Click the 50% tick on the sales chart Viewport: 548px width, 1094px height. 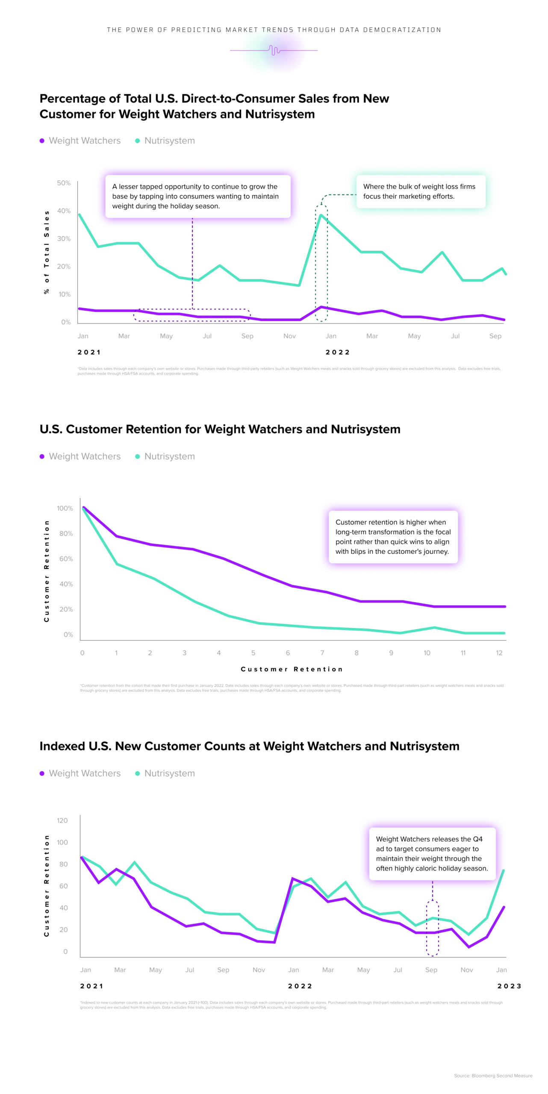[x=64, y=183]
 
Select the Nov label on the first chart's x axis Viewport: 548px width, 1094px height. [x=289, y=336]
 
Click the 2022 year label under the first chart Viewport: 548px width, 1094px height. [x=338, y=352]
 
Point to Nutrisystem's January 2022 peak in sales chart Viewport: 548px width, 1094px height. [x=321, y=215]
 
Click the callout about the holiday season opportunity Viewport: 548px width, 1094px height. [x=197, y=196]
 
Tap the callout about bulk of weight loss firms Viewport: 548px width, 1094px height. [x=421, y=191]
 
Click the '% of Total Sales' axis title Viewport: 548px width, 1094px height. [x=47, y=252]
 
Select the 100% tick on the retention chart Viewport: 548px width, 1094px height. [x=65, y=508]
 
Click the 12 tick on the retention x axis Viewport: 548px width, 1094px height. [x=499, y=653]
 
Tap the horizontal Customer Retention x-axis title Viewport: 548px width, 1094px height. [x=292, y=669]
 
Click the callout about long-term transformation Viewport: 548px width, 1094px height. [x=393, y=537]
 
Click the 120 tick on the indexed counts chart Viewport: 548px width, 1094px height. [x=62, y=820]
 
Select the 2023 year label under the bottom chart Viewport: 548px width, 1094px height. [x=509, y=986]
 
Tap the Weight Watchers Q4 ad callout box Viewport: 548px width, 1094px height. [x=432, y=853]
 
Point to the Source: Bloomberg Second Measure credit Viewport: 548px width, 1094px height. [x=493, y=1076]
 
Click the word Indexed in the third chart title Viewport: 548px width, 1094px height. [x=62, y=746]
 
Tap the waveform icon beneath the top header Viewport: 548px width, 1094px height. [x=274, y=50]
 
